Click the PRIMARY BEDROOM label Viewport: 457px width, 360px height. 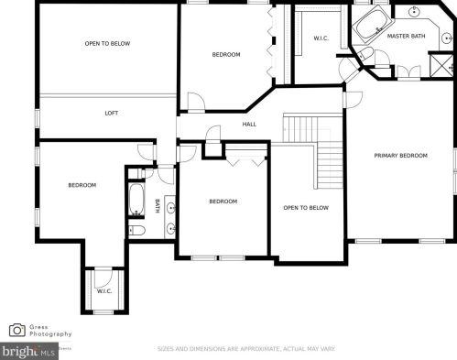coord(400,156)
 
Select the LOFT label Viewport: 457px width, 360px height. coord(112,113)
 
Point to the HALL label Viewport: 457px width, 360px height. coord(249,125)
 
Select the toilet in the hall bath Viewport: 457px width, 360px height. coord(135,229)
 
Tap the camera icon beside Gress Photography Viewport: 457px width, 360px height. coord(17,330)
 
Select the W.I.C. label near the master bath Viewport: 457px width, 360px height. coord(321,38)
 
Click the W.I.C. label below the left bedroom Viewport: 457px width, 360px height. coord(104,291)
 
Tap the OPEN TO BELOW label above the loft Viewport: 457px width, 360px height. coord(107,43)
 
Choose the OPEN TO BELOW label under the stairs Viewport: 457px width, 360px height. coord(306,208)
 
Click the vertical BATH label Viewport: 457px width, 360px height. coord(157,206)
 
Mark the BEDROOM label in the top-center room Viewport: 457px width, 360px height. coord(226,55)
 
